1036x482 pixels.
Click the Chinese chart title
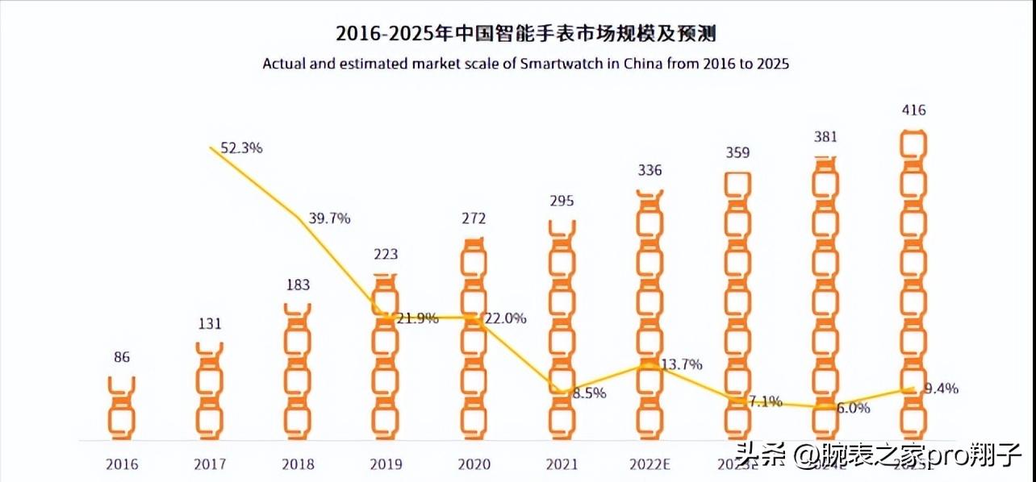525,34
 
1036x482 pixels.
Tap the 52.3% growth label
241,148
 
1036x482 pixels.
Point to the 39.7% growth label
329,218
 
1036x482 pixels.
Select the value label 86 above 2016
122,357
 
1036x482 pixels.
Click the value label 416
914,110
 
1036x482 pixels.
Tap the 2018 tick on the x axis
297,465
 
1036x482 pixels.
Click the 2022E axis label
649,465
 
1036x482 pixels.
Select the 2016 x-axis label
122,465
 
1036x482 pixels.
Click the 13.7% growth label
681,364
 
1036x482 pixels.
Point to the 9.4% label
941,389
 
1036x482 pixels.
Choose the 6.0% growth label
852,408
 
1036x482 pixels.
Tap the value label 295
561,202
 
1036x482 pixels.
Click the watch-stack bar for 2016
122,407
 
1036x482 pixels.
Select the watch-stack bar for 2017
210,391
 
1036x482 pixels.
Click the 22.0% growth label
505,318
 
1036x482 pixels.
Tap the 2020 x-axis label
473,465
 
